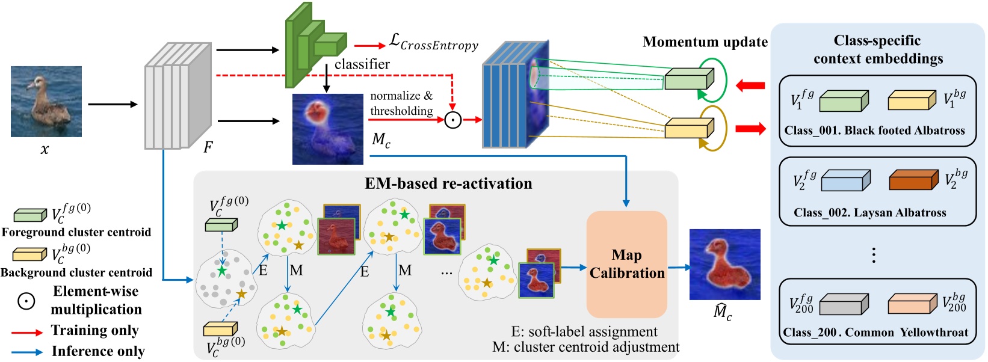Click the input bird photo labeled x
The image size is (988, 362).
[46, 101]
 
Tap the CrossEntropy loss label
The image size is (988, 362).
[433, 43]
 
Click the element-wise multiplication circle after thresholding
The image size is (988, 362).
[452, 120]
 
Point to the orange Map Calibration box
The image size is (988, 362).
[626, 264]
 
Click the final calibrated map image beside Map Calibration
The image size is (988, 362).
[724, 264]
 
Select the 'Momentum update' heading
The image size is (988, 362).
[705, 42]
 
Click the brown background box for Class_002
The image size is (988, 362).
[913, 180]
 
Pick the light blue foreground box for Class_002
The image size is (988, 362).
[845, 181]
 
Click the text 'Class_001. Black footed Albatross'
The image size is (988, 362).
[874, 130]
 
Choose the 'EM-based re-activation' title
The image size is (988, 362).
[448, 183]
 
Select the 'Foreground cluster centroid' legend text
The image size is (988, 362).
[76, 232]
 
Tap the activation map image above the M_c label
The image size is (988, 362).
[327, 129]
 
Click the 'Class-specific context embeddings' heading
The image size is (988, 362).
[877, 49]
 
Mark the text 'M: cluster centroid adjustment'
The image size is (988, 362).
[585, 347]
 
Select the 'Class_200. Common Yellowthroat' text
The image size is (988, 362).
[875, 333]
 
